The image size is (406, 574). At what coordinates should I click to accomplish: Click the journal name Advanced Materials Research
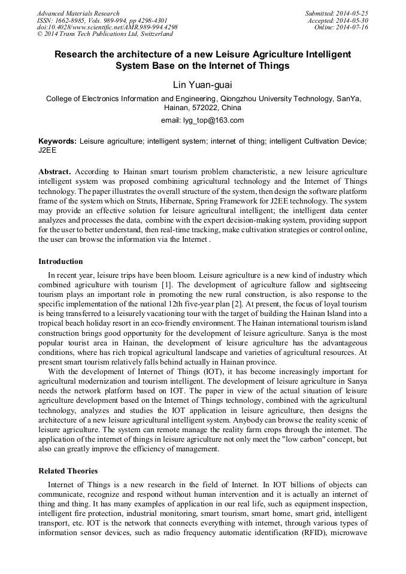pyautogui.click(x=78, y=13)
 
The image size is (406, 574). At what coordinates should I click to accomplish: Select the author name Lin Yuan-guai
pyautogui.click(x=202, y=84)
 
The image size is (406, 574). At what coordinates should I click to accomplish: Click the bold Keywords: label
pyautogui.click(x=57, y=141)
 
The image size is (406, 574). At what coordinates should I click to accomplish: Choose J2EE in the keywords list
pyautogui.click(x=47, y=150)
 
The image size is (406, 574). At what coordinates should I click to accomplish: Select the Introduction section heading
pyautogui.click(x=60, y=262)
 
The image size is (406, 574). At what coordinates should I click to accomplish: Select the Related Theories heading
pyautogui.click(x=68, y=471)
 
